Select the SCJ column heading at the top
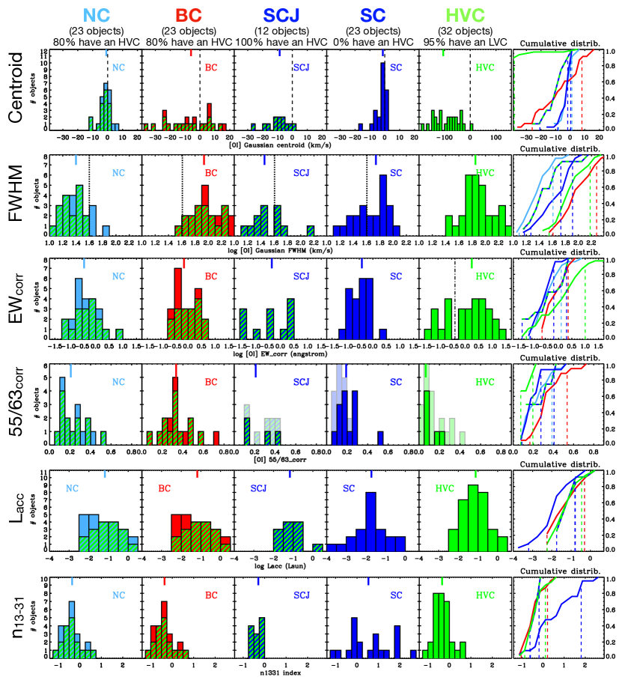point(280,14)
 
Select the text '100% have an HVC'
point(280,42)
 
